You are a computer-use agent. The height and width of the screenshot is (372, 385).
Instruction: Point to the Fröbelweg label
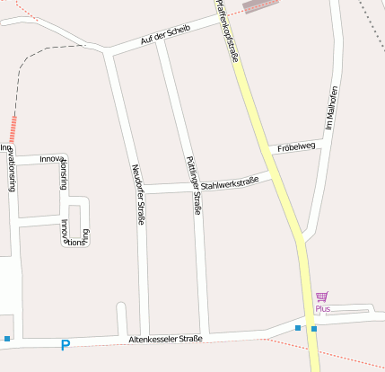(296, 146)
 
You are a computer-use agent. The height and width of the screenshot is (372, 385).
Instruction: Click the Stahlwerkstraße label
(230, 183)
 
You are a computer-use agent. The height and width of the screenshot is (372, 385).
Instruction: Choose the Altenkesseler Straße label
(165, 339)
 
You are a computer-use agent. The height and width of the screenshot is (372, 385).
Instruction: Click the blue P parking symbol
(65, 344)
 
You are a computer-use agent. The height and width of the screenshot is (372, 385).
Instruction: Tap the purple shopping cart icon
(322, 297)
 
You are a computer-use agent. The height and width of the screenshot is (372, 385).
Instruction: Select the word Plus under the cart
(323, 309)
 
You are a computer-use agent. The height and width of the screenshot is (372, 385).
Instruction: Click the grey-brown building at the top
(260, 5)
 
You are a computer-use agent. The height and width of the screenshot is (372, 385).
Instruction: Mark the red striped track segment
(13, 129)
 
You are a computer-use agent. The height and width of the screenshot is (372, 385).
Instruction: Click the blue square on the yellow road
(314, 329)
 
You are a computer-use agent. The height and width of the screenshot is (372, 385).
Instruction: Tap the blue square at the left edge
(7, 339)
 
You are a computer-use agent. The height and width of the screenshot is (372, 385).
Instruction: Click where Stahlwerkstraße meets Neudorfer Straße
(138, 190)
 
